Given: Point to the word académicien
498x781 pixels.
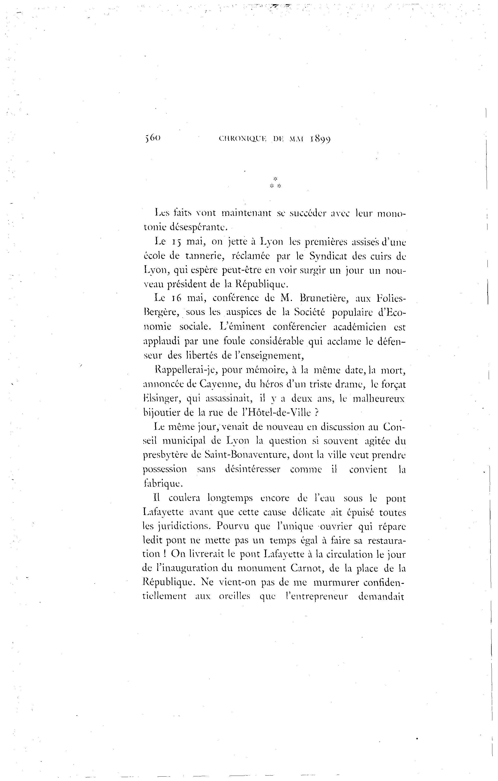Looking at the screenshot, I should tap(361, 327).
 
